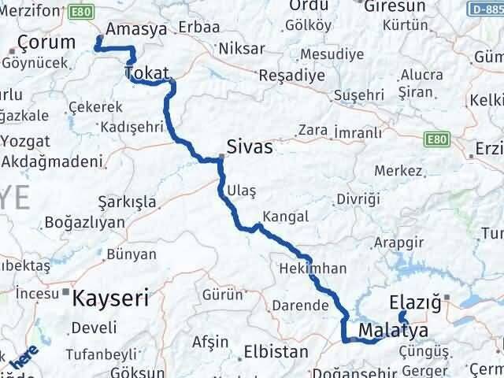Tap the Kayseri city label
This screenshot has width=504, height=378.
point(110,298)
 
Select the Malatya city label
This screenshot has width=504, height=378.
point(392,329)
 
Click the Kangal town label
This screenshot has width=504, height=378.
point(287,217)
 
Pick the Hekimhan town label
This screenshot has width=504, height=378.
point(313,269)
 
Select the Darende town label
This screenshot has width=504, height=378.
point(298,305)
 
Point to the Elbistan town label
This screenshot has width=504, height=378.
point(276,351)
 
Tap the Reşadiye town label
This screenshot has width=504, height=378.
point(292,77)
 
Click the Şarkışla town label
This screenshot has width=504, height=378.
point(127,201)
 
